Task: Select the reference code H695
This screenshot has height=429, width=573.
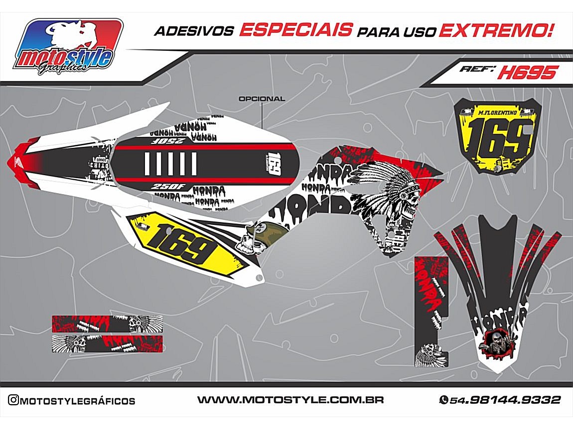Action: pos(527,73)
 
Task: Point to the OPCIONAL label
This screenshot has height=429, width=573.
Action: pos(262,99)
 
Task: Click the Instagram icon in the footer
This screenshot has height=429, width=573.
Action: pos(13,400)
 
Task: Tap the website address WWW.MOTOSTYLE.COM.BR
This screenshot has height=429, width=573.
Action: pos(290,400)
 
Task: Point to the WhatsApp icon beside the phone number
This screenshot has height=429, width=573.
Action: pos(443,400)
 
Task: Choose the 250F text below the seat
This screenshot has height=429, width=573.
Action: pos(166,187)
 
